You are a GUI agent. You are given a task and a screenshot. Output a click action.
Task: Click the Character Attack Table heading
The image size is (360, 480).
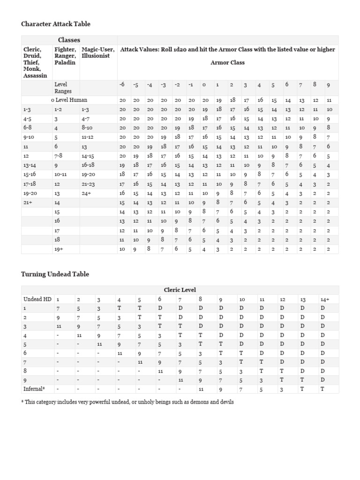(56, 24)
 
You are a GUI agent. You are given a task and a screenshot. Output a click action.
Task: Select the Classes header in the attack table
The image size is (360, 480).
(69, 40)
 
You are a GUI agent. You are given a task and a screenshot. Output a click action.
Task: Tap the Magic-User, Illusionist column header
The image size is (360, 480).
(97, 52)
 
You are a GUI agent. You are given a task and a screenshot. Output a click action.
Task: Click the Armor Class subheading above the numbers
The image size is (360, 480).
(227, 62)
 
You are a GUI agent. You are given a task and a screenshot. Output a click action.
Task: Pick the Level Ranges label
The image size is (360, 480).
(63, 88)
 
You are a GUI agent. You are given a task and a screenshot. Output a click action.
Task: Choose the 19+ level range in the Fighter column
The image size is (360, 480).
(59, 249)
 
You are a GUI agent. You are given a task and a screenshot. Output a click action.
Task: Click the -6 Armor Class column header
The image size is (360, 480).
(122, 85)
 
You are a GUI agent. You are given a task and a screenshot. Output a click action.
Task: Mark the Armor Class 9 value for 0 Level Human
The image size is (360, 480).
(329, 100)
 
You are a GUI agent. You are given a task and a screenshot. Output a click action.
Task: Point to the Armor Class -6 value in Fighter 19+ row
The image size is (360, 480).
(122, 249)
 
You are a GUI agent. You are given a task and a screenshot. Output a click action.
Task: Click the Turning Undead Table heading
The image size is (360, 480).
(55, 274)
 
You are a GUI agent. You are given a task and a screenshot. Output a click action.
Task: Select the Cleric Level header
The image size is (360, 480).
(180, 290)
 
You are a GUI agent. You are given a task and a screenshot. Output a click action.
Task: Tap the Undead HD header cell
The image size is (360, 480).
(37, 299)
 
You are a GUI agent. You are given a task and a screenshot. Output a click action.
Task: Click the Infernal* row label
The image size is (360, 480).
(34, 389)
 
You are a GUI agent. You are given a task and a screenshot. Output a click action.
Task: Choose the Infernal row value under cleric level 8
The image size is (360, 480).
(201, 389)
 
